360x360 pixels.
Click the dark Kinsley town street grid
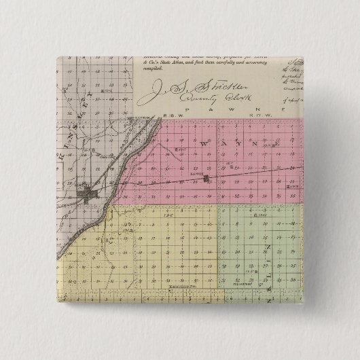[87, 197]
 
